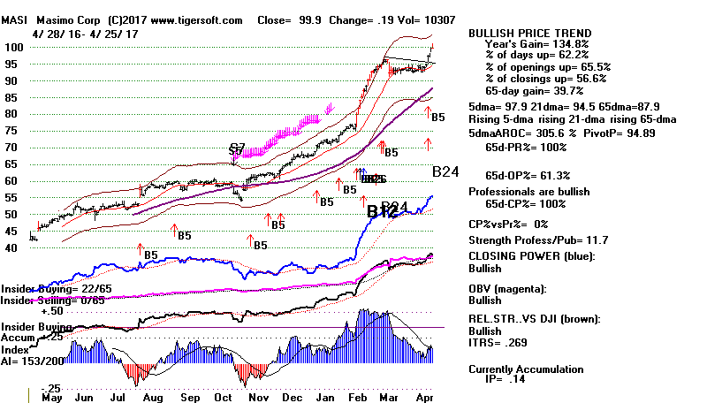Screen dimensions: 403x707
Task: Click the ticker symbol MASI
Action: [14, 19]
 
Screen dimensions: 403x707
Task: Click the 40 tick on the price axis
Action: [11, 247]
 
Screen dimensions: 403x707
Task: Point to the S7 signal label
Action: [237, 148]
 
